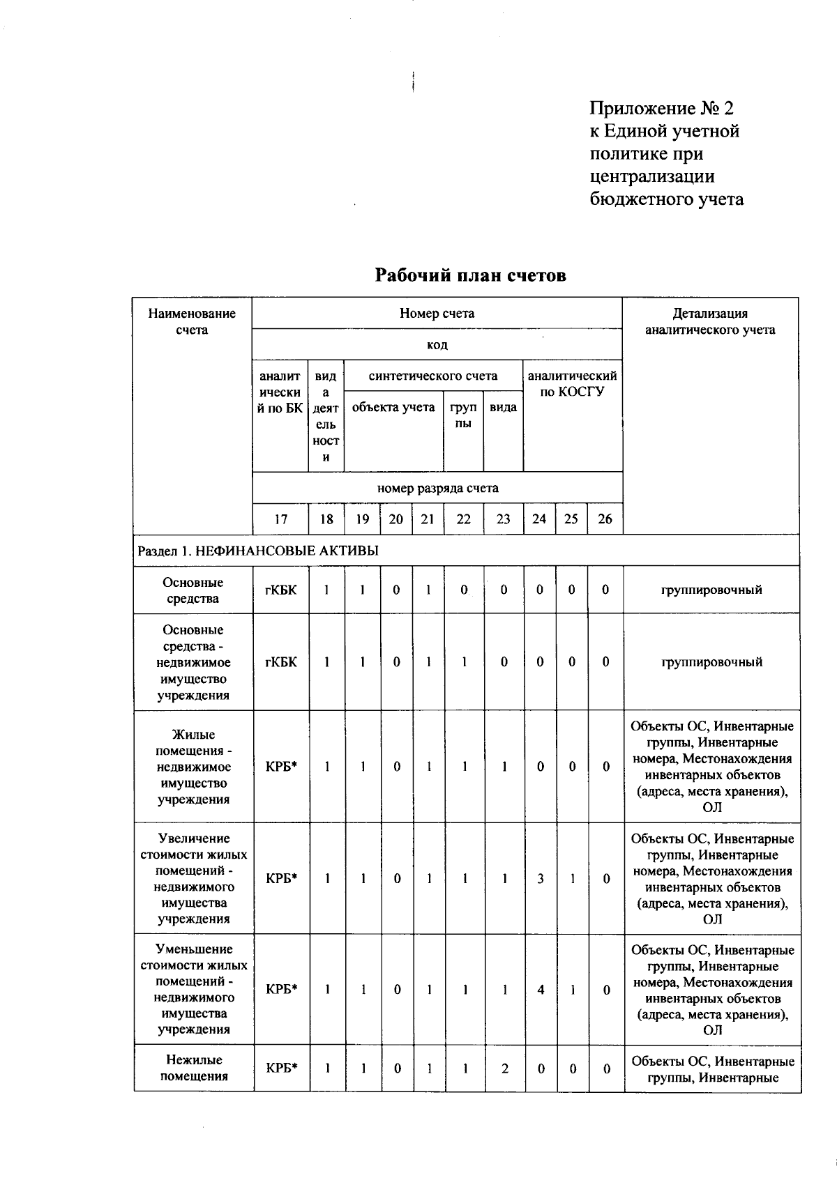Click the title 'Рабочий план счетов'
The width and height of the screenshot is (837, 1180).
click(471, 275)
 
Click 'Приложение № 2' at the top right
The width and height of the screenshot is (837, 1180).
click(661, 109)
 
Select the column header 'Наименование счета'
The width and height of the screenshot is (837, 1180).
click(192, 321)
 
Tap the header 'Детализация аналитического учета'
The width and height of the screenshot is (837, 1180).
click(709, 321)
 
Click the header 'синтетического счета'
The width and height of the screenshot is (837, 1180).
click(433, 376)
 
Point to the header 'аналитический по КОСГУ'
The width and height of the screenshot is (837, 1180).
click(572, 383)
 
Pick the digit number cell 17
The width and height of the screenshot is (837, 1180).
click(280, 519)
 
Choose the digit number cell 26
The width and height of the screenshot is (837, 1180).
click(605, 519)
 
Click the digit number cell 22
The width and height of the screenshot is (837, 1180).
click(463, 519)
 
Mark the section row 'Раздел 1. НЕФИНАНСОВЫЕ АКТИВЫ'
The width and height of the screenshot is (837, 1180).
click(258, 551)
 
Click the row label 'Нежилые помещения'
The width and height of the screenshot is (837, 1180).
click(194, 1068)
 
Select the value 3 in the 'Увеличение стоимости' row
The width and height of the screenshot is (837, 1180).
click(540, 879)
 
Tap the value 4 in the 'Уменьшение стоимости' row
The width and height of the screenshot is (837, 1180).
click(540, 990)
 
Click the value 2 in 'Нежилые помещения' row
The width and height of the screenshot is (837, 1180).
click(504, 1068)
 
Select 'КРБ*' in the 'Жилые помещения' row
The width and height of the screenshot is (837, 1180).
click(281, 767)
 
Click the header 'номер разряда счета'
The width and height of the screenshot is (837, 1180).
click(437, 488)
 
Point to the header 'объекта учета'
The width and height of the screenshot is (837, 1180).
click(393, 407)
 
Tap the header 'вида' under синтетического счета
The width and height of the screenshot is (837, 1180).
click(503, 407)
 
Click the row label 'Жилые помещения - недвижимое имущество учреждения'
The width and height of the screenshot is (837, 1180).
click(194, 767)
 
